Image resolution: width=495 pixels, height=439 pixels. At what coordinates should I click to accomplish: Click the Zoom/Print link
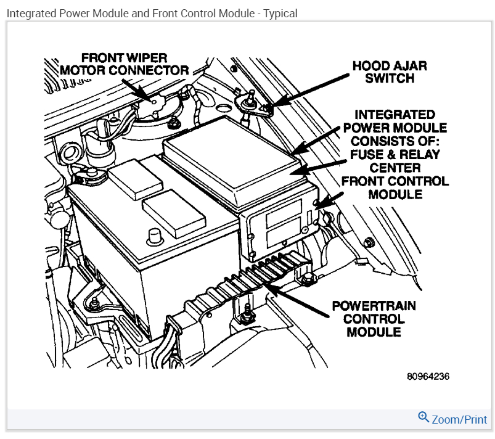[x=459, y=420]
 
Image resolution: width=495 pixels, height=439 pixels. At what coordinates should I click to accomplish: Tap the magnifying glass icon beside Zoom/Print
[x=423, y=417]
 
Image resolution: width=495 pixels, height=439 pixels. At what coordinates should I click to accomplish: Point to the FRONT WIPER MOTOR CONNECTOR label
[x=124, y=64]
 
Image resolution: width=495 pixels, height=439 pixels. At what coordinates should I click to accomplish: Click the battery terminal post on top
[x=154, y=235]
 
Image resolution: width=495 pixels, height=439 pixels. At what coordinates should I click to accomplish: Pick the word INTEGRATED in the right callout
[x=395, y=115]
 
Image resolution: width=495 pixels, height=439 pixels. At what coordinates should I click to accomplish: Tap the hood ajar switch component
[x=251, y=102]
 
